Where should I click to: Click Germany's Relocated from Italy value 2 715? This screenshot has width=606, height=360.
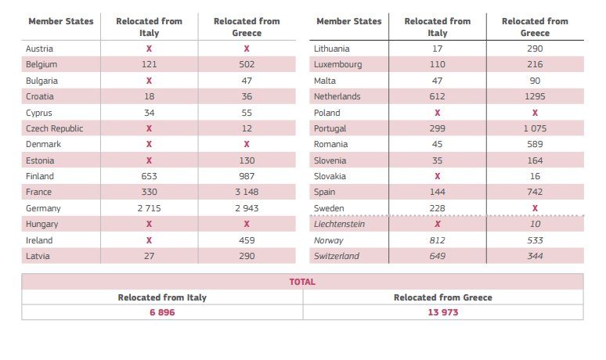pos(149,209)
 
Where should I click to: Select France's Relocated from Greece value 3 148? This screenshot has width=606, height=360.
pos(247,193)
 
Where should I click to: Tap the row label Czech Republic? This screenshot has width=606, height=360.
pos(54,128)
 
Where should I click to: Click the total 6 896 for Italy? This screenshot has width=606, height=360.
pos(162,312)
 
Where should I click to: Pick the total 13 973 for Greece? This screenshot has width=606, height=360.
pos(442,312)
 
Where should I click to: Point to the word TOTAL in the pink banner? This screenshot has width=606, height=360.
pos(302,282)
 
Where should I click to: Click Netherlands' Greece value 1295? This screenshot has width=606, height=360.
pos(535,96)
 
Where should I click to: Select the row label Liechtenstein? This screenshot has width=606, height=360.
pos(340,225)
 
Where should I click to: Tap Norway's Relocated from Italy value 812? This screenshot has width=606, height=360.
pos(437,240)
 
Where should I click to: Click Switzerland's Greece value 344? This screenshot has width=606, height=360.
pos(535,257)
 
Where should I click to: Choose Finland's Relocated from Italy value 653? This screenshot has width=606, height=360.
pos(149,177)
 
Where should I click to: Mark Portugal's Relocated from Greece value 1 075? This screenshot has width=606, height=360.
pos(535,128)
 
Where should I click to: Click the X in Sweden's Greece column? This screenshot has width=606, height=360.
pos(535,208)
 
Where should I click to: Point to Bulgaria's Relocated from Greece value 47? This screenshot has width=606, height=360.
pos(247,81)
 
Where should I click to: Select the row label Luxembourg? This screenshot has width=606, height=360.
pos(337,64)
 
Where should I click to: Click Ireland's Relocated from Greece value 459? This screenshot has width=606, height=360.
pos(247,240)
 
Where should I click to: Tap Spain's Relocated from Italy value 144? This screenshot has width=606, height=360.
pos(437,193)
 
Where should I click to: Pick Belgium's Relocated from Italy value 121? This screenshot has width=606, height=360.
pos(149,64)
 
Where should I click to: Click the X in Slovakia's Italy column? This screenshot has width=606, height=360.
pos(437,177)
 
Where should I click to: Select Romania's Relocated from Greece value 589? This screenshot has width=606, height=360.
pos(535,145)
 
